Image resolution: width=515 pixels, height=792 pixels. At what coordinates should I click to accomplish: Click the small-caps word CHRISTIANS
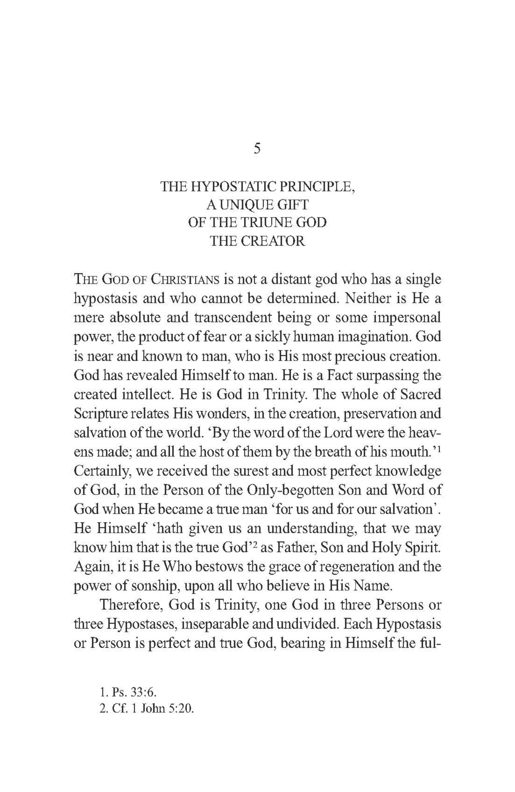[185, 280]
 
